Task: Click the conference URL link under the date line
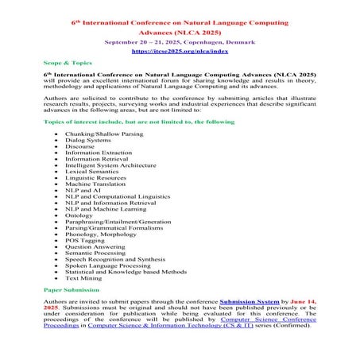180,49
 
